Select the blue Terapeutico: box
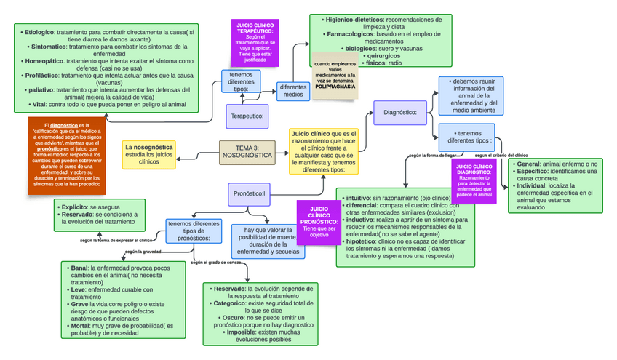coord(247,115)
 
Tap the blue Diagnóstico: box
coord(399,112)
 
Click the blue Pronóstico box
coord(248,193)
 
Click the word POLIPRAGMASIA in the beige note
coord(335,86)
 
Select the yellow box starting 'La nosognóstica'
coord(149,154)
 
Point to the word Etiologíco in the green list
coord(40,32)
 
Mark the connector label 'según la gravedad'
coord(143,252)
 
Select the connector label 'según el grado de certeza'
coord(216,263)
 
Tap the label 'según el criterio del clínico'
coord(501,155)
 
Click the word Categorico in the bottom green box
coord(231,303)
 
